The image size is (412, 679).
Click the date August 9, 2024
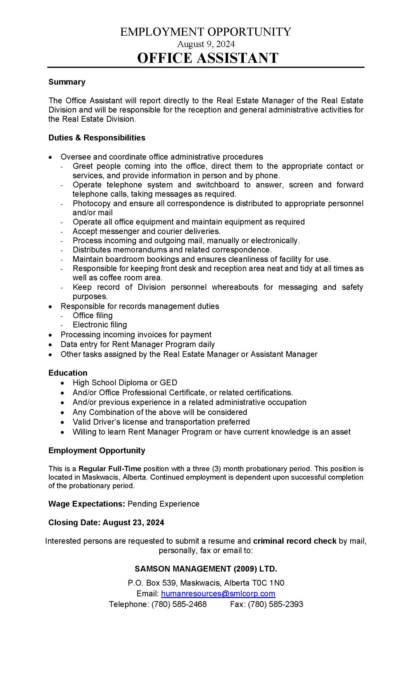pos(206,44)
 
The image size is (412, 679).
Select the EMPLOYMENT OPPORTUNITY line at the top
pos(205,32)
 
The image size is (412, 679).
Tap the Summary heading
pos(67,82)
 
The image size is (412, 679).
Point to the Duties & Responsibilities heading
pos(97,137)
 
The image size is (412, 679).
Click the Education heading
pos(68,373)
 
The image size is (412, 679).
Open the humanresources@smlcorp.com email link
pos(218,593)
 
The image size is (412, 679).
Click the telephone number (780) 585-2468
pos(179,604)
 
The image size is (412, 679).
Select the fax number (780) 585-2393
pos(275,604)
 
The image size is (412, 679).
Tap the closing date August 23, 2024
pos(133,523)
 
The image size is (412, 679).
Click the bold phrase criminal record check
pos(294,541)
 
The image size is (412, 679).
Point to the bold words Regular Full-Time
pos(109,469)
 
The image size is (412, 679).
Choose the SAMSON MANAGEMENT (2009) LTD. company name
pos(206,568)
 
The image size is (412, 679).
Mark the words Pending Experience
pos(163,504)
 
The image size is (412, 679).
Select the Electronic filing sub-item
pos(100,325)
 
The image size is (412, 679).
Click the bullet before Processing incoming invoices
pos(50,335)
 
